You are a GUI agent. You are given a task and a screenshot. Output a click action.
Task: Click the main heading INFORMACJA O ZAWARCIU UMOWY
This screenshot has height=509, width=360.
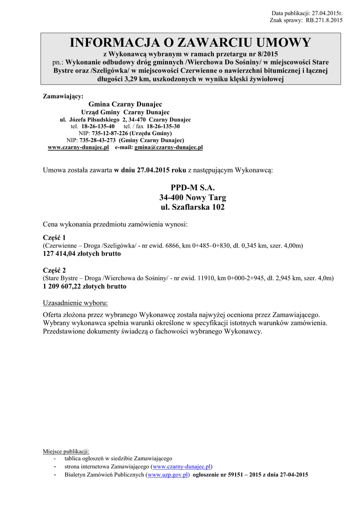tap(190, 43)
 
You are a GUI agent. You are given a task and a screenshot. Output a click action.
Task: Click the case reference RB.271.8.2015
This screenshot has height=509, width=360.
tap(324, 20)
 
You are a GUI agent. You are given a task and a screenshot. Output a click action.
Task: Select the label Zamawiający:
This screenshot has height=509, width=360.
tap(63, 96)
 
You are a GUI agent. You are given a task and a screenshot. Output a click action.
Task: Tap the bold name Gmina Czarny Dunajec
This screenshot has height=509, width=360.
tap(125, 104)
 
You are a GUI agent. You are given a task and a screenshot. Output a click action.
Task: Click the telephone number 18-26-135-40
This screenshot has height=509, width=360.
tap(98, 127)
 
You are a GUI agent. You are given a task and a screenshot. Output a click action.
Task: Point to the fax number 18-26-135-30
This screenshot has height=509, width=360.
tap(163, 127)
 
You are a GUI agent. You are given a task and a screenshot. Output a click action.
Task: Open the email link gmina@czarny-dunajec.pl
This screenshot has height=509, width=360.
tap(169, 148)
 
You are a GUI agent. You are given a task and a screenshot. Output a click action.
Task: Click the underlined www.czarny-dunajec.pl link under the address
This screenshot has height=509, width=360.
tap(78, 148)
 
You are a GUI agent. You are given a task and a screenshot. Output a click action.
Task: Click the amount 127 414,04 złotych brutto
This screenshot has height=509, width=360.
tap(82, 254)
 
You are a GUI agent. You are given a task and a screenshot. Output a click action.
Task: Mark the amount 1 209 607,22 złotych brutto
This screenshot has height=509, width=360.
tap(85, 286)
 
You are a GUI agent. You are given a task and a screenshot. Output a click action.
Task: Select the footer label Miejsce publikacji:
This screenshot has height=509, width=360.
tap(66, 451)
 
